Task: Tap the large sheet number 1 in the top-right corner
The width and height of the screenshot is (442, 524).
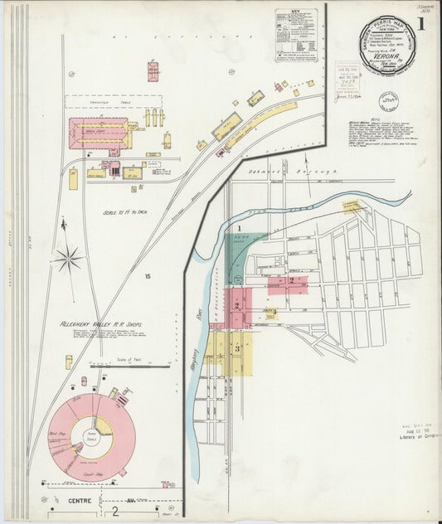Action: (421, 24)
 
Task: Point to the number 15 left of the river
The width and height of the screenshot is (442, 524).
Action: (148, 275)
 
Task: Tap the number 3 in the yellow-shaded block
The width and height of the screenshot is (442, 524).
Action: (238, 348)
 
